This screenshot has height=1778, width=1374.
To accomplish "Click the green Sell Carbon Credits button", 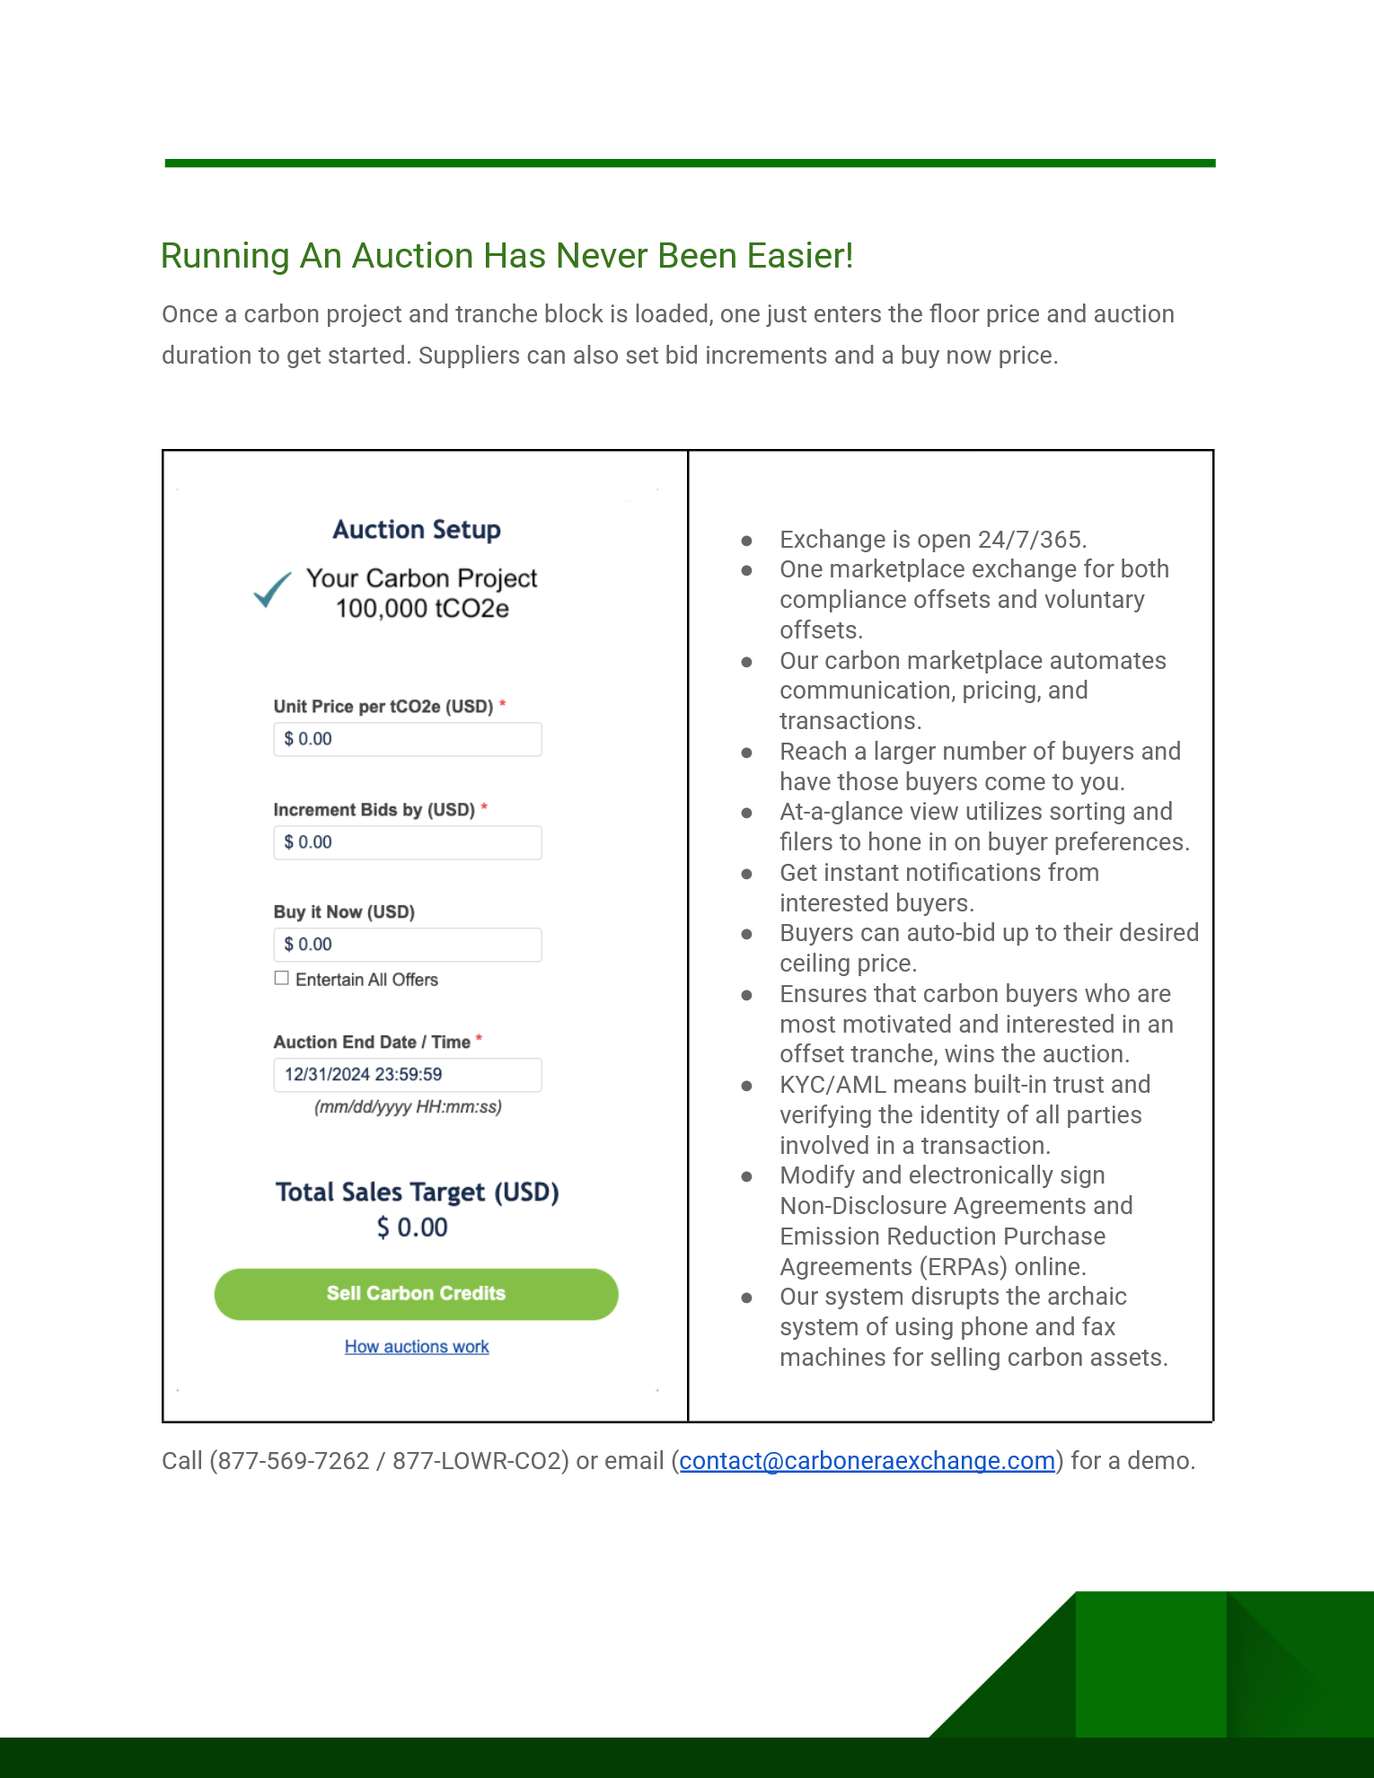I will click(416, 1294).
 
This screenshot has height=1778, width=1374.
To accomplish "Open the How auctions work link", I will click(417, 1347).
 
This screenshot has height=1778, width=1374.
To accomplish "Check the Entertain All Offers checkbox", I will click(282, 979).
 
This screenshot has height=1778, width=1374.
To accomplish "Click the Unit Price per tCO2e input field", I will click(407, 739).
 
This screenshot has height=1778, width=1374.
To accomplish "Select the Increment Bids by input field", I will click(407, 842).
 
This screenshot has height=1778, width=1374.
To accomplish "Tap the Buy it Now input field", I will click(407, 945).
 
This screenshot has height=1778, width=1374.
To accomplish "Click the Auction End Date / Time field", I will click(407, 1075).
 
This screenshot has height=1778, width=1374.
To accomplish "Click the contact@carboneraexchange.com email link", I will click(867, 1461).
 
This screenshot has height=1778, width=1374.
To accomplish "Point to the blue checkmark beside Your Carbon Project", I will click(272, 590).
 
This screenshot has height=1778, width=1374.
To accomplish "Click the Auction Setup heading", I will click(417, 530).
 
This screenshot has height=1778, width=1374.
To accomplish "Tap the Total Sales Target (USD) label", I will click(417, 1193).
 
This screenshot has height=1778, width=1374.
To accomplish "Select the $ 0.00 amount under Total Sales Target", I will click(412, 1228).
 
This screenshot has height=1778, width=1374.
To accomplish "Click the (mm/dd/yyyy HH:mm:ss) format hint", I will click(408, 1107).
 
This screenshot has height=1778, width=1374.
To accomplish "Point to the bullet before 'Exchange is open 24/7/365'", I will click(746, 541).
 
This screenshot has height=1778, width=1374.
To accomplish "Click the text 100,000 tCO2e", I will click(422, 609).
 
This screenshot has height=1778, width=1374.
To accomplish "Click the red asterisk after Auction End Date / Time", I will click(480, 1039).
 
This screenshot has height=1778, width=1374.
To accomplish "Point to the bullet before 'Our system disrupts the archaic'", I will click(746, 1298).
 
